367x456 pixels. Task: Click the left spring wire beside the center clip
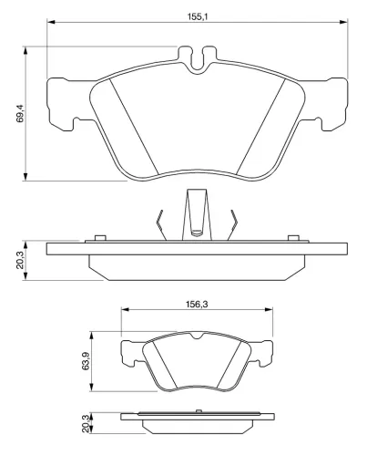pos(160,223)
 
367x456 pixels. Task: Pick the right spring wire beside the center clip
pos(235,223)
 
